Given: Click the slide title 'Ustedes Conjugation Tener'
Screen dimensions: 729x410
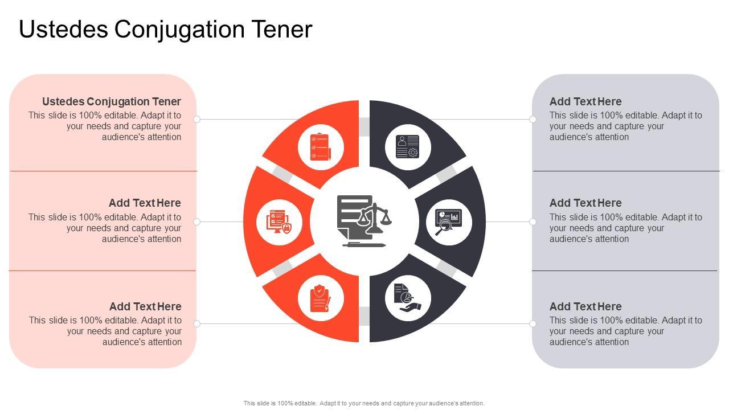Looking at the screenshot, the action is [x=166, y=30].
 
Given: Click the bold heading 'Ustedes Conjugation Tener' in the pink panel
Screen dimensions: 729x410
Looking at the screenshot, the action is [x=112, y=101].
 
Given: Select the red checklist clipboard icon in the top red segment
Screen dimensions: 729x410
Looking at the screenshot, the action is [x=321, y=147].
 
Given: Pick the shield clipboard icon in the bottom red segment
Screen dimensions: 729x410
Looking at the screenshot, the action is [x=321, y=298].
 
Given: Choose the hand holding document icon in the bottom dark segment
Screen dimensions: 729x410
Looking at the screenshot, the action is [x=407, y=298].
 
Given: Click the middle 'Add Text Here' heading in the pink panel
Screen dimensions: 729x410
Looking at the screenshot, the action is [x=145, y=203].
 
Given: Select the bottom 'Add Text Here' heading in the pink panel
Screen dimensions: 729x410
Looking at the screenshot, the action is [x=145, y=306].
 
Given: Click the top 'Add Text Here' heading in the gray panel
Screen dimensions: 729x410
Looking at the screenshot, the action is [x=585, y=101].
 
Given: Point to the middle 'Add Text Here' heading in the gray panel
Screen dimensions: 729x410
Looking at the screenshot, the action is [x=585, y=203].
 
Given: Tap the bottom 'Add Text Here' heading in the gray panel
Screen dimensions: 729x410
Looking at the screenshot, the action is [x=585, y=306].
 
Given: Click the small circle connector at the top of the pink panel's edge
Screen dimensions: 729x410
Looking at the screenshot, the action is [x=197, y=119].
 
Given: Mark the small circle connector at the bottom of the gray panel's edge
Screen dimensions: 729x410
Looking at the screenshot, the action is [x=533, y=323].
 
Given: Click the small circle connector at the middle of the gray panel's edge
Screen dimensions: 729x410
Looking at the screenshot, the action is [x=533, y=222].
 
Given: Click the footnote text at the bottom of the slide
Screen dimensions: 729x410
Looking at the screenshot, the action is [x=364, y=403].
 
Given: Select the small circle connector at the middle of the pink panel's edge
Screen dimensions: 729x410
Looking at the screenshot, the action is [x=197, y=222].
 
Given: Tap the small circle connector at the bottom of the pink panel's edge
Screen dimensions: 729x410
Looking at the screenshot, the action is [x=197, y=323].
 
